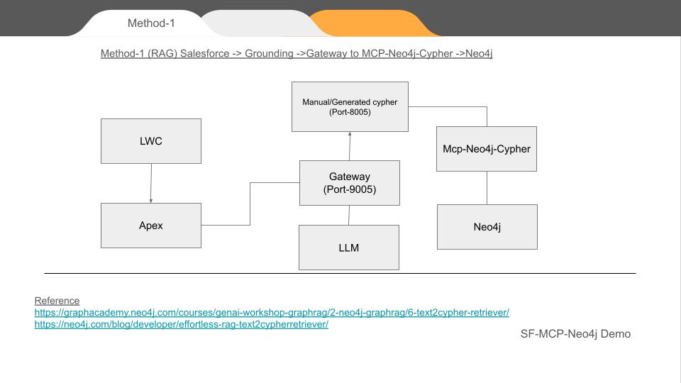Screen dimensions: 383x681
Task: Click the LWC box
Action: [150, 140]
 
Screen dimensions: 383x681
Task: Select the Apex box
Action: [150, 226]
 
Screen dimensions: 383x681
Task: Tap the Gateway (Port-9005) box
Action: [349, 183]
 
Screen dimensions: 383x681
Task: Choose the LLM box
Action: [348, 248]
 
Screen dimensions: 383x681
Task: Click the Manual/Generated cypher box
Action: [350, 106]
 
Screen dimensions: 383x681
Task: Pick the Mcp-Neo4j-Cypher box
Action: [486, 149]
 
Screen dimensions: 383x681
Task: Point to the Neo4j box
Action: [487, 227]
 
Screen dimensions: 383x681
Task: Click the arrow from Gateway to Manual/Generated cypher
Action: [350, 146]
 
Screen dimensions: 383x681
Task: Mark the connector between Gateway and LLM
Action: [349, 215]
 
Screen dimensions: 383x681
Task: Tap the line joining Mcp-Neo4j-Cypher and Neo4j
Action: [487, 188]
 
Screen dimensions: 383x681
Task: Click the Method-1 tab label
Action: [151, 23]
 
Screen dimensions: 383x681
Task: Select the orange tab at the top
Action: [376, 23]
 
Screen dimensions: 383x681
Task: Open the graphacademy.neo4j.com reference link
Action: [272, 313]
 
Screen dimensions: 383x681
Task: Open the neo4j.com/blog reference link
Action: [181, 325]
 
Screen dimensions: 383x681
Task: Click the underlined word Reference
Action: [57, 301]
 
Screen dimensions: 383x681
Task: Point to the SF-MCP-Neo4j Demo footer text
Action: [575, 333]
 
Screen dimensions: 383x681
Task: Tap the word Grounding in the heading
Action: [268, 54]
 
